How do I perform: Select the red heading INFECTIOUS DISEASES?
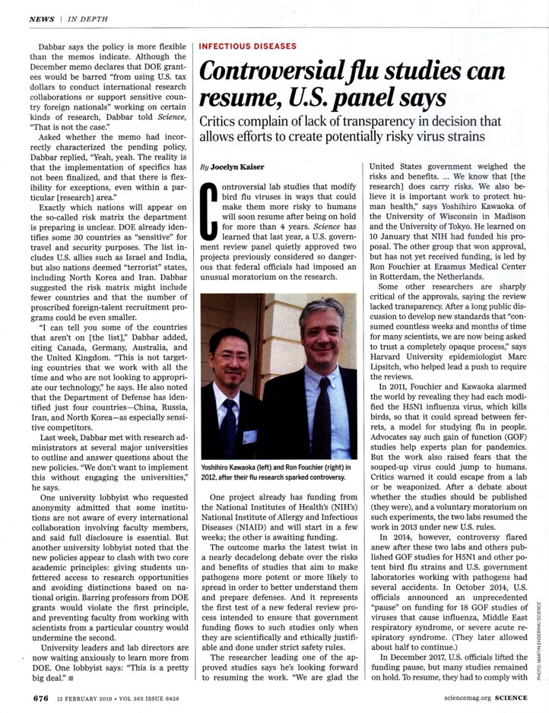pyautogui.click(x=248, y=46)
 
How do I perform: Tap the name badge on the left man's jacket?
pyautogui.click(x=248, y=437)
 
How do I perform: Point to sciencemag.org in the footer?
pyautogui.click(x=455, y=696)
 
